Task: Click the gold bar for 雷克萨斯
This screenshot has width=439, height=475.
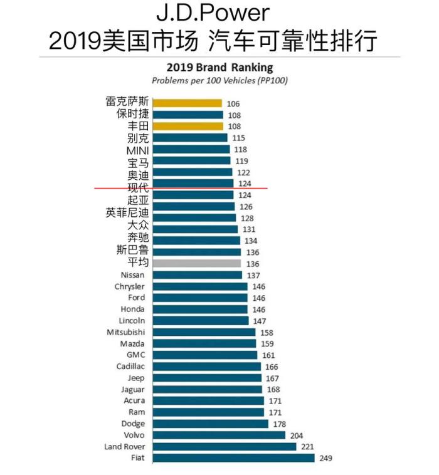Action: [187, 103]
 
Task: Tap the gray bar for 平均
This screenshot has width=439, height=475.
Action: [196, 264]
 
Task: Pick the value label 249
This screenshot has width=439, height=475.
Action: [326, 458]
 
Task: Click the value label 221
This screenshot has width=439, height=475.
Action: [308, 447]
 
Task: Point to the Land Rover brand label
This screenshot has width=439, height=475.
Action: [124, 447]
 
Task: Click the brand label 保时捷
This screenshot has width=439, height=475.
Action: [133, 115]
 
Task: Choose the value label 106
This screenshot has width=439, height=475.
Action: [233, 103]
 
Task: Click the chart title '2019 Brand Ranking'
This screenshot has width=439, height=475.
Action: [219, 68]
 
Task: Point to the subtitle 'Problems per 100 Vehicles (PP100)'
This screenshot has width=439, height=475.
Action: [219, 81]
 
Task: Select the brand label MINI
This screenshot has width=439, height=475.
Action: [137, 150]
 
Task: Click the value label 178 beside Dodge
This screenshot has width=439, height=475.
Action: [280, 424]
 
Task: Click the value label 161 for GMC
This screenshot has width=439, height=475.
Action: [269, 355]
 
